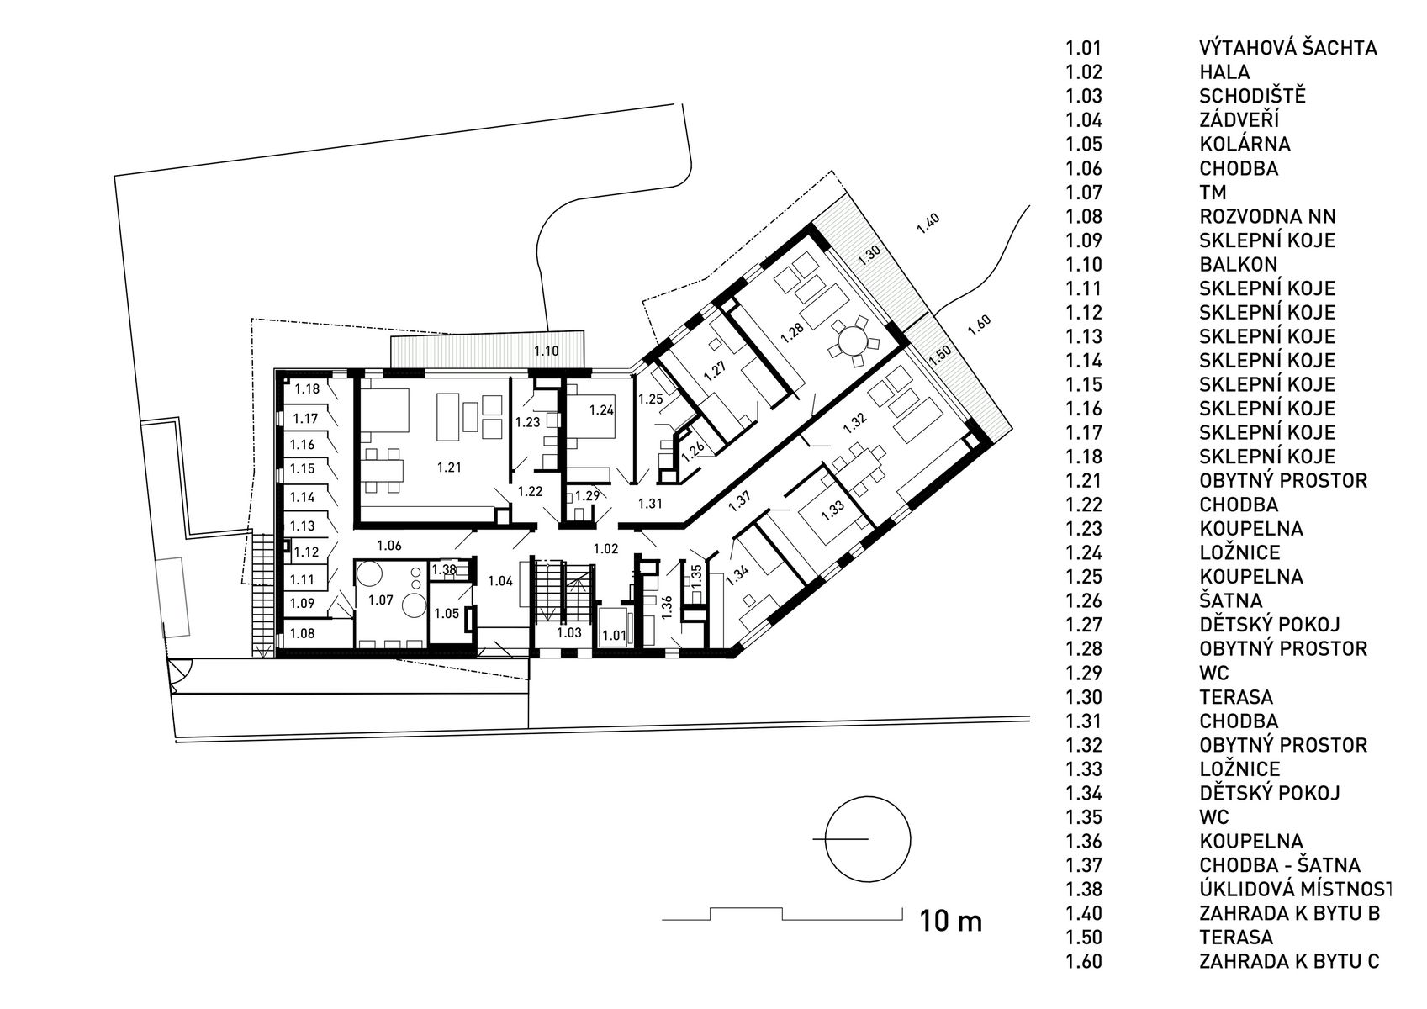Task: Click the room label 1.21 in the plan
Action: coord(449,468)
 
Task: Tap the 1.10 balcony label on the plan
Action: coord(546,351)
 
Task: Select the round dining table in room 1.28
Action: coord(853,343)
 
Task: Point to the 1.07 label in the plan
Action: coord(381,600)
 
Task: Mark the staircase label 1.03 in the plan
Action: coord(569,632)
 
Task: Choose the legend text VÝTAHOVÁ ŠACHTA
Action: coord(1287,48)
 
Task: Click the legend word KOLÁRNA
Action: coord(1245,144)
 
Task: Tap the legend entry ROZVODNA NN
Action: coord(1267,217)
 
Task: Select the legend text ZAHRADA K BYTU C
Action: coord(1289,961)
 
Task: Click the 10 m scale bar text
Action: coord(950,921)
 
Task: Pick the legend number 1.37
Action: coord(1084,865)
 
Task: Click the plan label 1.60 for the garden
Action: coord(979,325)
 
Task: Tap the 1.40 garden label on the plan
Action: coord(928,224)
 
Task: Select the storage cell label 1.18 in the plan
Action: coord(307,389)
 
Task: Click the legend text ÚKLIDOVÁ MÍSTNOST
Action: coord(1294,889)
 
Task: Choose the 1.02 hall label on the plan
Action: coord(605,548)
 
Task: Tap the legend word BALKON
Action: coord(1239,264)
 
